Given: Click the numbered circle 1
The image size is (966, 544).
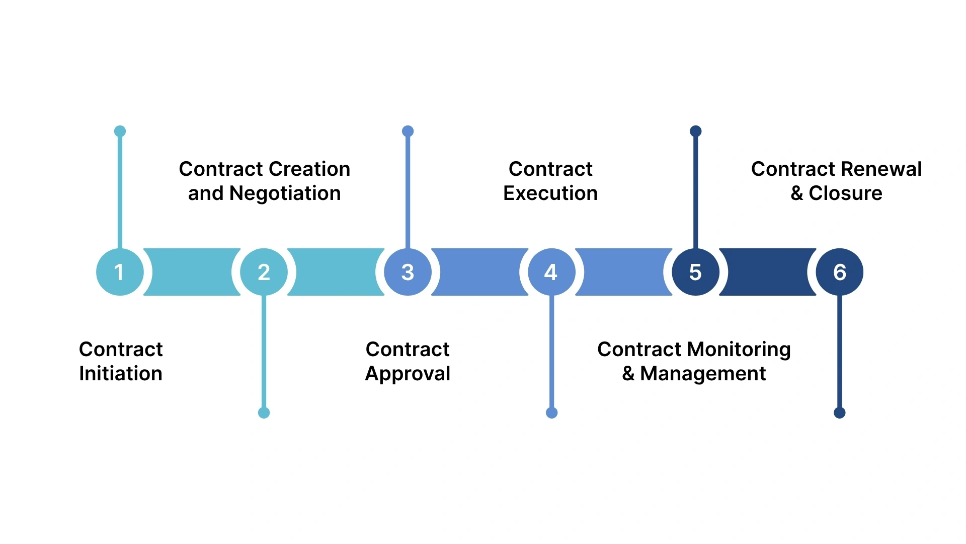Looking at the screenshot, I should coord(120,272).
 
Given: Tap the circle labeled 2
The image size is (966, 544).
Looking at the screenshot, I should coord(264,272).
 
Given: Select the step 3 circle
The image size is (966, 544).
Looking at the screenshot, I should coord(408,272).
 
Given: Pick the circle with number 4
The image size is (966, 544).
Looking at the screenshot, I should coord(551,272).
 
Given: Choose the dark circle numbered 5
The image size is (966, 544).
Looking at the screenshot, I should coord(695,272).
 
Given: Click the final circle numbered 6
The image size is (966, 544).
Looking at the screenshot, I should coord(839,272).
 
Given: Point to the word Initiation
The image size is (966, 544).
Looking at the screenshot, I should coord(121,374).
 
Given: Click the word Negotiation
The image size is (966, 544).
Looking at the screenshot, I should coord(285,193).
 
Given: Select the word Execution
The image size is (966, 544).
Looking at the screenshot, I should coord(550,193).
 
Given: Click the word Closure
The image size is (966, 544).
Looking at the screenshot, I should coord(845,193).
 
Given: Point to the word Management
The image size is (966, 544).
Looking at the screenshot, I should coord(703,374).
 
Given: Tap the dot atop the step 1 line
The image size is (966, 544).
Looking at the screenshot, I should coord(120,131).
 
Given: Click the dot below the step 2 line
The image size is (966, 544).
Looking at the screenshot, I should coord(264,413).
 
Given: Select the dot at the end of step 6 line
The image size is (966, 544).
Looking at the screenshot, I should coord(839,413).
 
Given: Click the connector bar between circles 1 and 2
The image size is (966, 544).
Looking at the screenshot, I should coord(192,272).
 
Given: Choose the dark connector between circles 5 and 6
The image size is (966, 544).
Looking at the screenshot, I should coord(767,272).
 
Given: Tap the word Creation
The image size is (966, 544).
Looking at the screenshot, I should coord(316,169).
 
